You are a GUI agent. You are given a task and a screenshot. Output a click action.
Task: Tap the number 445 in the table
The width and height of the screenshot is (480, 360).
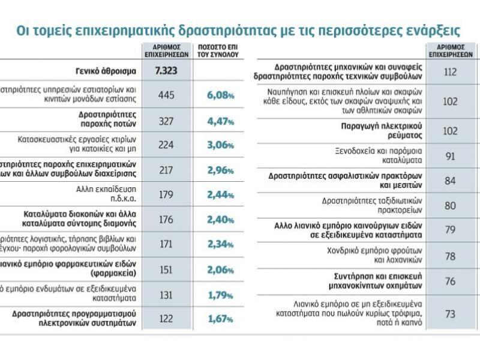(x=166, y=95)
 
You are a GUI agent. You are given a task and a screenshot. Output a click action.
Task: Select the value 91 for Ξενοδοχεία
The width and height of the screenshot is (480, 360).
(x=451, y=156)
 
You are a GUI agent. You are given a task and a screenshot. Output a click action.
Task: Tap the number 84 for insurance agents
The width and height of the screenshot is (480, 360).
(x=451, y=180)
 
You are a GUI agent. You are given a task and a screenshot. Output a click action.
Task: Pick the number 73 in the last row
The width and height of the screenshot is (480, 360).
(x=451, y=314)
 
